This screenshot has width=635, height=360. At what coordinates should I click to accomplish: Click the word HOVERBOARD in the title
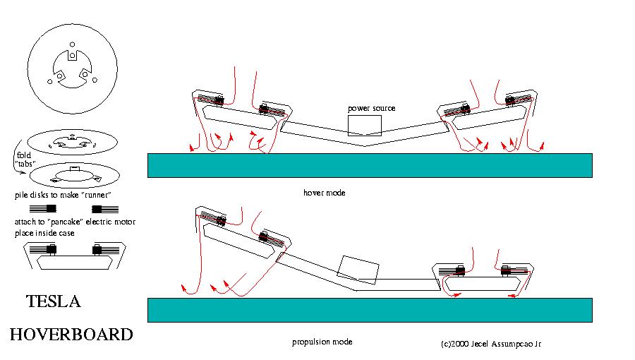[x=71, y=334]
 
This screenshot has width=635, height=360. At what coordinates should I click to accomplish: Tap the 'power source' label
[x=371, y=108]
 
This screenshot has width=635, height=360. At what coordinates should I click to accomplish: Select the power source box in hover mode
[x=364, y=125]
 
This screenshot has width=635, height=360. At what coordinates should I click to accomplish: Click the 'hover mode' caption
[x=324, y=192]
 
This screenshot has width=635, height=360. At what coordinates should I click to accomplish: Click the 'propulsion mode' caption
[x=322, y=342]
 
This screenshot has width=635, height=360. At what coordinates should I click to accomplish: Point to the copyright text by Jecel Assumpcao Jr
[x=490, y=344]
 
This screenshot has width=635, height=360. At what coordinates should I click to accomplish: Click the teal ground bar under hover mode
[x=369, y=165]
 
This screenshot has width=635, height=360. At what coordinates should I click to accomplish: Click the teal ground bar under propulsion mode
[x=369, y=309]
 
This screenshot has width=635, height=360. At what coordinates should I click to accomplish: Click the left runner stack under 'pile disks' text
[x=44, y=209]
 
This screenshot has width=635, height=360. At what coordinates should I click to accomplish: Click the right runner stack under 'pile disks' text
[x=104, y=209]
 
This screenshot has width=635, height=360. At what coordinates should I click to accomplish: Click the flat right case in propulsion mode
[x=483, y=280]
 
